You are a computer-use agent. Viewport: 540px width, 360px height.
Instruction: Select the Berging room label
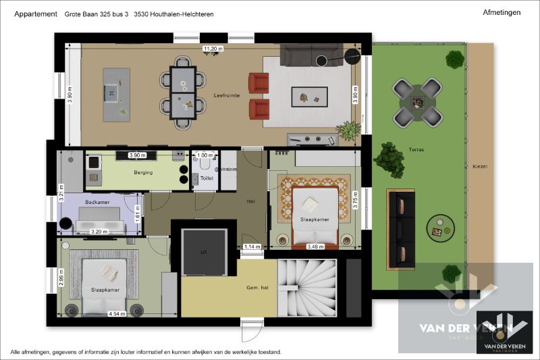pyautogui.click(x=143, y=173)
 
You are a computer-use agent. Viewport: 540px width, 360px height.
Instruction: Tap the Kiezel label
pyautogui.click(x=480, y=166)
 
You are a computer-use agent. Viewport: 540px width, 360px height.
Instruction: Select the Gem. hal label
pyautogui.click(x=257, y=288)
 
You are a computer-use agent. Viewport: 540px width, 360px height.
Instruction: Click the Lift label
pyautogui.click(x=203, y=251)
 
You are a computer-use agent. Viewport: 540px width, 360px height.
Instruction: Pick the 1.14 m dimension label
pyautogui.click(x=252, y=247)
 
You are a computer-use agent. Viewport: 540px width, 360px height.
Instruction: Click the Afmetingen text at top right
pyautogui.click(x=502, y=12)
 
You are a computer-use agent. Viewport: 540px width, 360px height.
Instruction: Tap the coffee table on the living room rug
pyautogui.click(x=309, y=97)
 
